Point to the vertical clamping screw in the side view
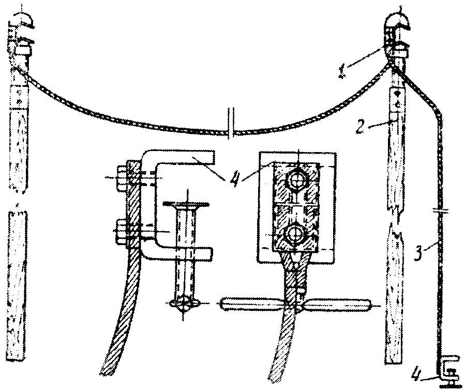point(185,253)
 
